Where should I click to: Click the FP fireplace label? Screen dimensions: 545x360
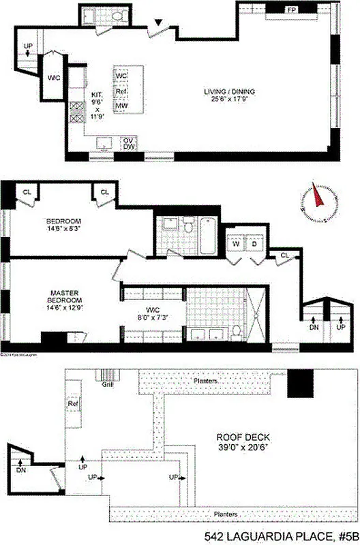click(291, 10)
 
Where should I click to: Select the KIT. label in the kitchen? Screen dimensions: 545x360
click(97, 96)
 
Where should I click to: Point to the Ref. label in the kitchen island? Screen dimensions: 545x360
click(122, 91)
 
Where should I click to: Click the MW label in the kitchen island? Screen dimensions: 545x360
click(122, 106)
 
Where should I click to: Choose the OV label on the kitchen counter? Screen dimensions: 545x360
click(127, 141)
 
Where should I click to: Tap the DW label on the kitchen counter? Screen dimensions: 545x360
click(127, 148)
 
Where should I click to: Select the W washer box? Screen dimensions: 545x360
click(237, 243)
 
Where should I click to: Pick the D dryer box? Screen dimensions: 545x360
click(254, 243)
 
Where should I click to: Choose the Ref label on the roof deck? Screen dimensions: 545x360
click(73, 403)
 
